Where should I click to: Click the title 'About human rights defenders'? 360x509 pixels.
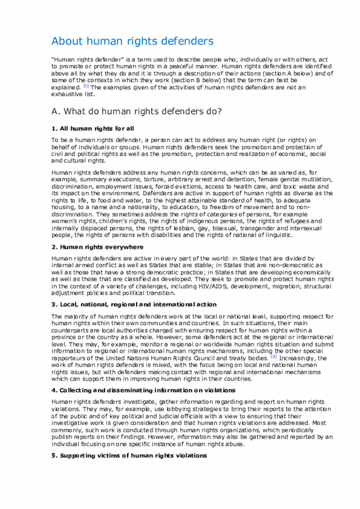132,41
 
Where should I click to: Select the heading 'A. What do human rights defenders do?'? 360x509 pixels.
136,111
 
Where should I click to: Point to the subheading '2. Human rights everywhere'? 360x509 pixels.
97,247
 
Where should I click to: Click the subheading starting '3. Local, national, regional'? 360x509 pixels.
133,304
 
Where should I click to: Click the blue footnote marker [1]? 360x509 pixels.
85,87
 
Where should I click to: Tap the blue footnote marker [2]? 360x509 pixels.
273,357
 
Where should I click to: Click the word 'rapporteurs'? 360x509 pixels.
70,358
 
